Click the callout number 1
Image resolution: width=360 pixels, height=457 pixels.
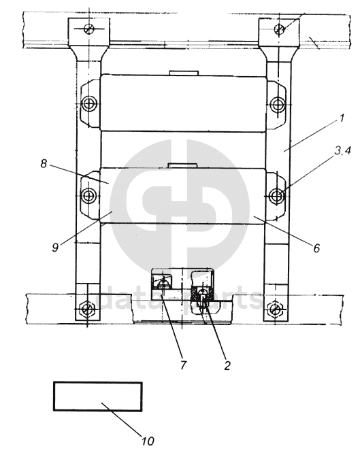pos(342,118)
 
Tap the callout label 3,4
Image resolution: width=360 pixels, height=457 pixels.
pos(342,151)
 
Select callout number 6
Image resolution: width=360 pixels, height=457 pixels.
pos(317,248)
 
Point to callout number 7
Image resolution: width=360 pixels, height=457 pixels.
pos(183,365)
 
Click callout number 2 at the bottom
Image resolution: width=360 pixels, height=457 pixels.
pos(227,365)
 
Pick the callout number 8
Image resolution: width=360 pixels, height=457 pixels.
pos(44,164)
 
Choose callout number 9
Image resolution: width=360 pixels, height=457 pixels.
pos(55,248)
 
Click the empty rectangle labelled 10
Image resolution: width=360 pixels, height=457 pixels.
pos(98,396)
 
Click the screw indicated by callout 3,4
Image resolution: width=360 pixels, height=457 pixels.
pos(276,195)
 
